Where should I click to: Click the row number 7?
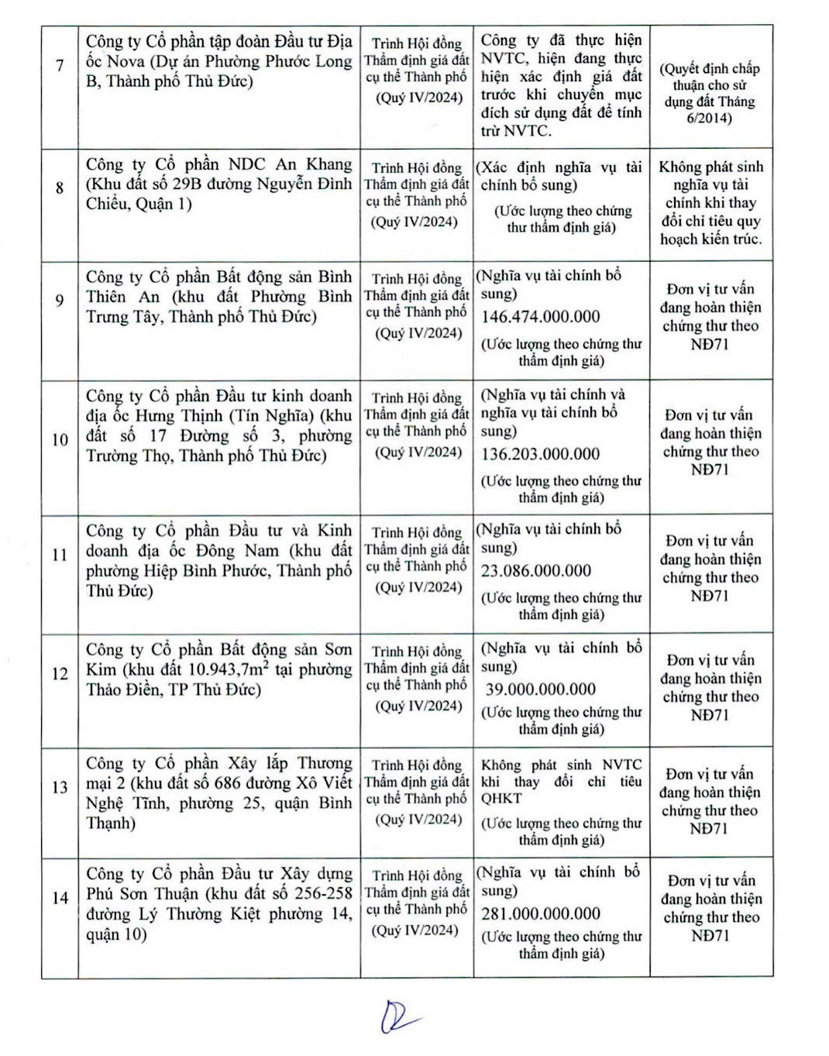coord(60,65)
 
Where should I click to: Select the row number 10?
coord(60,440)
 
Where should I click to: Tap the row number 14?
coord(60,898)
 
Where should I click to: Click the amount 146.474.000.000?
coord(541,317)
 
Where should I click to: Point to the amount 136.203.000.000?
coord(541,454)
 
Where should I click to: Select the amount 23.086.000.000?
coord(536,571)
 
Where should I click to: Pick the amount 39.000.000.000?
coord(541,690)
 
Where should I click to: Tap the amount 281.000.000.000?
coord(541,914)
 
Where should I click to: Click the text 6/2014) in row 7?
coord(709,119)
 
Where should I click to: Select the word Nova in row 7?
coord(126,61)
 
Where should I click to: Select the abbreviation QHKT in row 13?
coord(501,799)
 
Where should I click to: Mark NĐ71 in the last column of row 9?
coord(710,344)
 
